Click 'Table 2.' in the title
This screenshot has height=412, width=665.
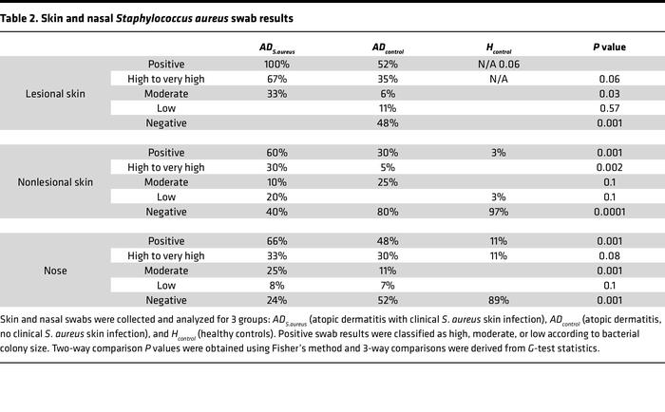(25, 18)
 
